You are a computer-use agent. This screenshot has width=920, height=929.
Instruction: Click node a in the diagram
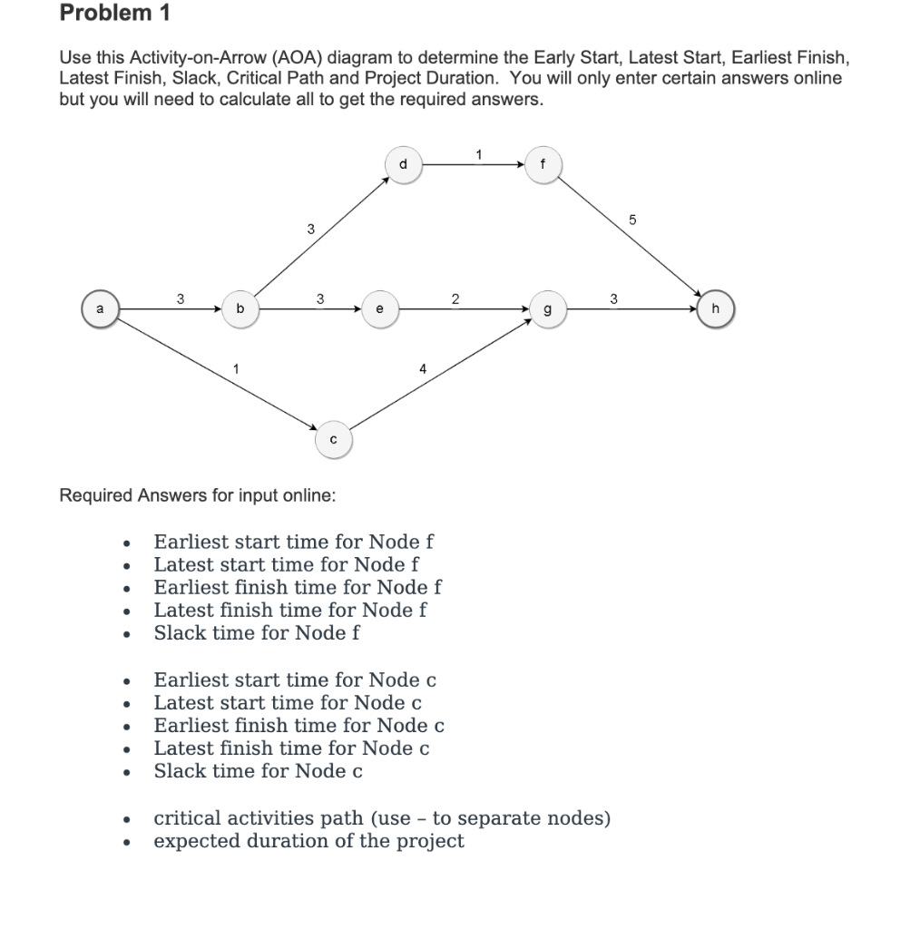coord(101,308)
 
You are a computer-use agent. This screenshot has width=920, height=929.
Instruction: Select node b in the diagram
coord(240,308)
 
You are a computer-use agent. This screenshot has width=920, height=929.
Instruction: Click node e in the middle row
coord(379,308)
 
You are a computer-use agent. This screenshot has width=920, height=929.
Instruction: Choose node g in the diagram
coord(544,308)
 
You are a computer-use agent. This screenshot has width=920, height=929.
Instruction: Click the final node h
coord(717,308)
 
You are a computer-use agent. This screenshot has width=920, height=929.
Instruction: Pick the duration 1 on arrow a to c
coord(235,368)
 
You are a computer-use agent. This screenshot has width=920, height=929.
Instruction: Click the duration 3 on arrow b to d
coord(309,229)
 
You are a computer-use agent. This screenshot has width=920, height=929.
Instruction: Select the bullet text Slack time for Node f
coord(256,633)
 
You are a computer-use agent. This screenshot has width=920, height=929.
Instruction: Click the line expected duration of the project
coord(308,841)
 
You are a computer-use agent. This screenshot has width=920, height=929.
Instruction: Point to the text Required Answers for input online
coord(197,495)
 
